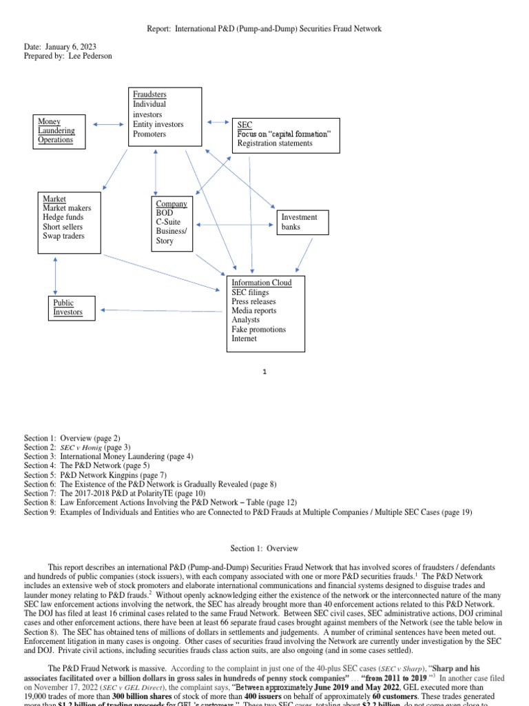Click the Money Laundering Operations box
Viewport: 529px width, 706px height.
[x=60, y=131]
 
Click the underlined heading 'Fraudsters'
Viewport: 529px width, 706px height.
[x=149, y=94]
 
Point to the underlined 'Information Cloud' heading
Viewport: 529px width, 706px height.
[x=261, y=283]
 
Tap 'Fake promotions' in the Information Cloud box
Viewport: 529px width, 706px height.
[x=258, y=330]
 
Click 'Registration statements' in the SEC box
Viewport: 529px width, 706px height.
[x=274, y=143]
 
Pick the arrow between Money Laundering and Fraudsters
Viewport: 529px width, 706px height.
[x=109, y=125]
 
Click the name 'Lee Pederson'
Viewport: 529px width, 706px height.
[x=90, y=56]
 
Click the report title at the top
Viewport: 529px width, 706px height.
[x=264, y=29]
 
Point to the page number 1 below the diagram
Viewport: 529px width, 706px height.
[x=265, y=372]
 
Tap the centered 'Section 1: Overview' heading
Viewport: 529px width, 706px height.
[x=264, y=549]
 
